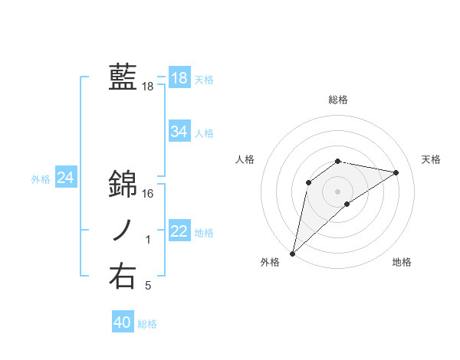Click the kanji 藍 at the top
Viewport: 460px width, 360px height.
[123, 77]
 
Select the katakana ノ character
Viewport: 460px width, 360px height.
[123, 231]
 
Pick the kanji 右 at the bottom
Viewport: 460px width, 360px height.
[123, 276]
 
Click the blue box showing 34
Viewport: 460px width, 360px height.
[179, 132]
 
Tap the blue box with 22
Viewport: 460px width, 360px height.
[179, 232]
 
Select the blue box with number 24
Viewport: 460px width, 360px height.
[66, 178]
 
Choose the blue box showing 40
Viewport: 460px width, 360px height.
[122, 322]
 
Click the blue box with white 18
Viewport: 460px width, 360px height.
[179, 78]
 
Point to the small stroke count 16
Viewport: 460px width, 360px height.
[148, 194]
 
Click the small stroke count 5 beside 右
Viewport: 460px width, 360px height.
[148, 286]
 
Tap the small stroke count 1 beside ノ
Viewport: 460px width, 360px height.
[148, 241]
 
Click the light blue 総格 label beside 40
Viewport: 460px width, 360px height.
[147, 324]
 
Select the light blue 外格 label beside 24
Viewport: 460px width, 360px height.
[41, 179]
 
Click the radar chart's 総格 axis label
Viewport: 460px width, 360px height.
[338, 100]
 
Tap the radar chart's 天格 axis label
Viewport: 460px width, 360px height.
[431, 159]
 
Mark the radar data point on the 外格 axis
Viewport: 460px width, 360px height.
[292, 253]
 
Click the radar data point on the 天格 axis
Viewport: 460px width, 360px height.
[396, 172]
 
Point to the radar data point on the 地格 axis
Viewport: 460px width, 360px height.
[347, 204]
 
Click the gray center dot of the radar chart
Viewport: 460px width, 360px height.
[338, 191]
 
